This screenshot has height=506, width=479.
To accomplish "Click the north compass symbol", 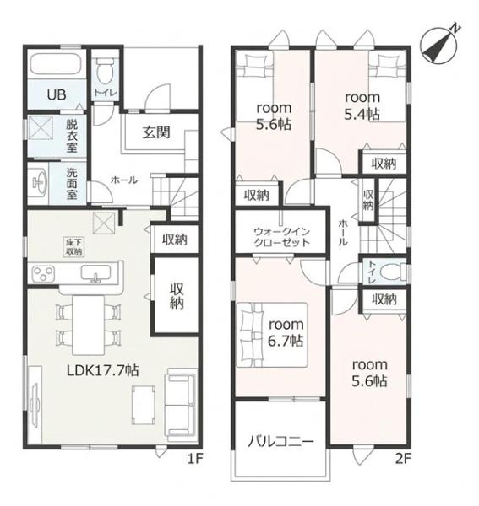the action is coord(440,45).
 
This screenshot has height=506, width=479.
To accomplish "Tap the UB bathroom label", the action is coord(57,94).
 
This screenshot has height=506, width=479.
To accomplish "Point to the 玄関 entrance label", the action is coord(156,132).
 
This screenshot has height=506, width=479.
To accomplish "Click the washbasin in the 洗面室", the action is coord(39,183).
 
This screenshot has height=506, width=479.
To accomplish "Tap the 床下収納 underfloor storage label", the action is coord(73,247).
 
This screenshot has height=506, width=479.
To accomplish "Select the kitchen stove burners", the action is coord(43,273).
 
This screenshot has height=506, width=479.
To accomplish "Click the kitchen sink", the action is coord(95,274).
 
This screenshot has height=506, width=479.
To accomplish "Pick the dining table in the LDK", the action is coord(88,325).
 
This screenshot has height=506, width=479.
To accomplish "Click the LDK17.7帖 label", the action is coord(103,371).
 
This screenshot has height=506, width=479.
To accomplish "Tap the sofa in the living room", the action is coord(181,406).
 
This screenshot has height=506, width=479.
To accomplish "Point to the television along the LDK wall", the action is coord(34,405).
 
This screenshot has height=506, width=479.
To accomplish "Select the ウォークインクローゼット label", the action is coord(281,237).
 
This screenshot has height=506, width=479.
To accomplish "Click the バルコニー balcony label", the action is coord(280,441).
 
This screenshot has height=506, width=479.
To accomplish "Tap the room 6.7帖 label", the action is coord(286,333).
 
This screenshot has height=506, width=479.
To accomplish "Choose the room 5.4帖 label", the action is coord(362,105).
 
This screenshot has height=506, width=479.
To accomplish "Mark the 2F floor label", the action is coord(403,459).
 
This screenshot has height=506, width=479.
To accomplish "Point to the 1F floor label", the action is coord(195,459).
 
